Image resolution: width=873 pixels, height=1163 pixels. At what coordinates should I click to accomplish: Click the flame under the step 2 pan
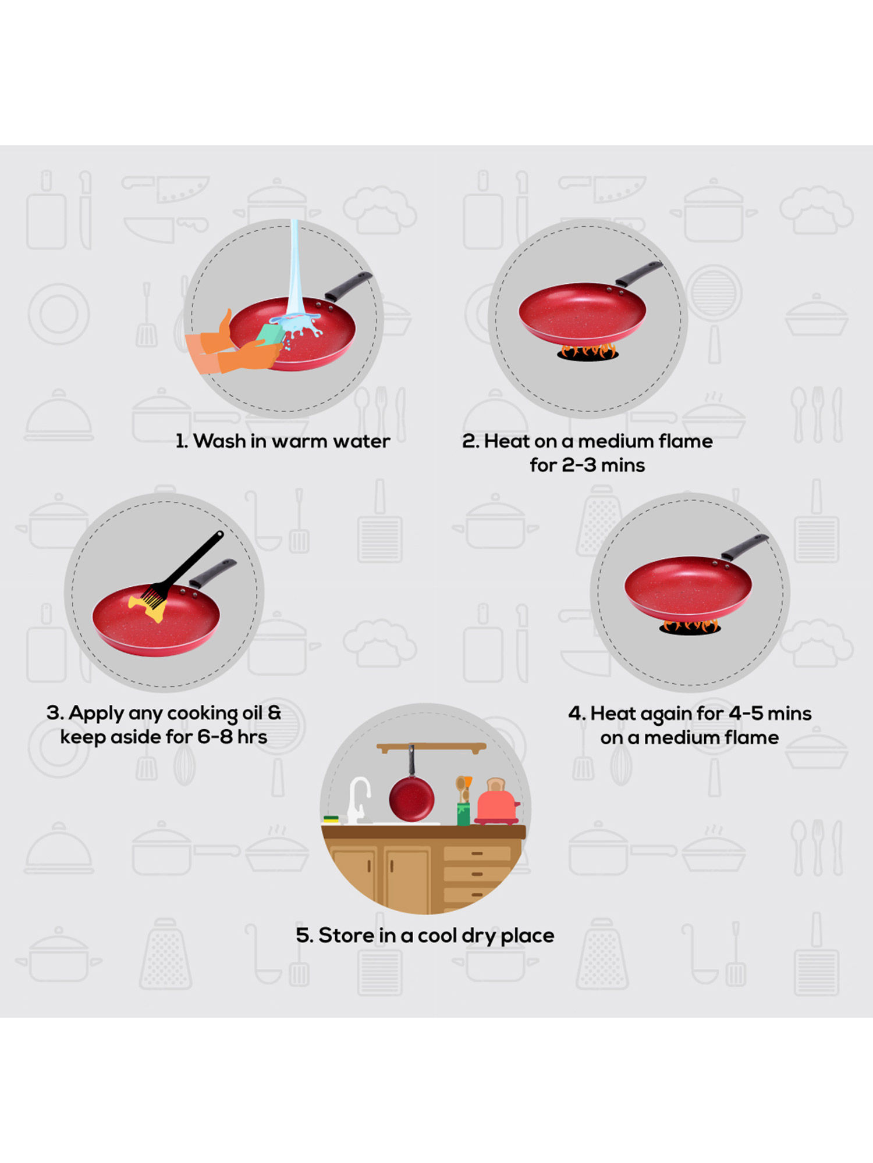click(588, 351)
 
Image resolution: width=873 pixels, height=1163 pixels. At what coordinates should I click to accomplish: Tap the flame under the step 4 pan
click(690, 626)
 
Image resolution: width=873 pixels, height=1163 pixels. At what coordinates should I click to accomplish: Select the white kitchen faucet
click(358, 800)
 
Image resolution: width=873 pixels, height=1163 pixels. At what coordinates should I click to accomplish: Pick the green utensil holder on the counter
click(463, 814)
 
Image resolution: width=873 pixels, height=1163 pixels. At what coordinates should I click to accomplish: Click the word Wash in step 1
click(219, 441)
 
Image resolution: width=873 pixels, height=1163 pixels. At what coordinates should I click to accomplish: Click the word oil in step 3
click(251, 713)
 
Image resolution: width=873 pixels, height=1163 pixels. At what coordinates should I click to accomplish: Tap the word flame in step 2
click(684, 441)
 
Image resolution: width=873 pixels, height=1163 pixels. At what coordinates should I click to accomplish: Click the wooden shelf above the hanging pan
click(431, 747)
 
